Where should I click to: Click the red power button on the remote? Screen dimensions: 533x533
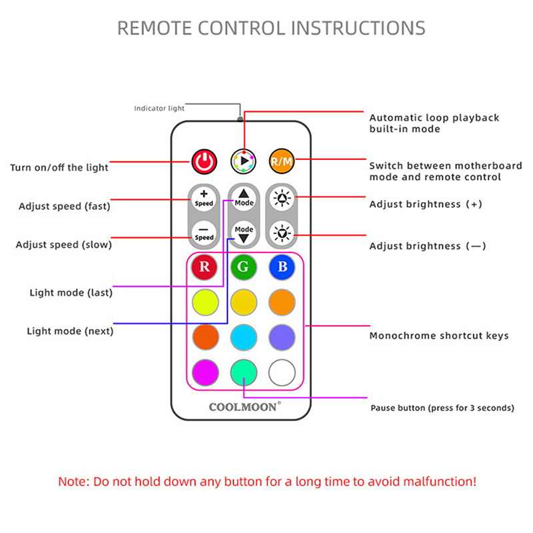click(205, 161)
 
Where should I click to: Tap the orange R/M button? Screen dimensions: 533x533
click(282, 161)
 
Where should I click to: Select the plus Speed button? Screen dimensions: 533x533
click(205, 198)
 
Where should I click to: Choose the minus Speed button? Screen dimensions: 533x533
click(205, 233)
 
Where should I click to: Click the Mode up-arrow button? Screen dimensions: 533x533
click(244, 197)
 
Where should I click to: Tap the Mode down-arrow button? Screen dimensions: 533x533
click(244, 233)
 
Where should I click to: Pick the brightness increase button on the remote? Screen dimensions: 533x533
click(282, 198)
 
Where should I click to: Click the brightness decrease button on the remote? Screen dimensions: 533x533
click(282, 233)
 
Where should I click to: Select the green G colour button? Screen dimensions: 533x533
click(244, 268)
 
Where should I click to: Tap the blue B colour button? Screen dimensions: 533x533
click(282, 268)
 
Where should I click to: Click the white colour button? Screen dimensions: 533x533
click(282, 371)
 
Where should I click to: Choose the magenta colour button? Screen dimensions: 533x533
click(205, 371)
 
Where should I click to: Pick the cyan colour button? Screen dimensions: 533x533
click(244, 336)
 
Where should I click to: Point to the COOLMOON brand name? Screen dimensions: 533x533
click(244, 406)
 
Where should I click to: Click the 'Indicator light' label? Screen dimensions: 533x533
click(159, 108)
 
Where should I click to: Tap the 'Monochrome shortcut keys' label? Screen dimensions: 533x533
click(438, 336)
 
